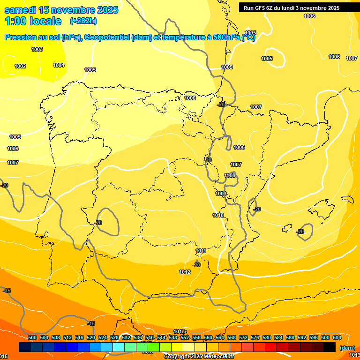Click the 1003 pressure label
click(37, 49)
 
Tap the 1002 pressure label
click(20, 66)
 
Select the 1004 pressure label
click(59, 65)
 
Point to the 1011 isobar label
click(201, 251)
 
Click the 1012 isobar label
click(185, 272)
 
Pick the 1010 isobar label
click(218, 215)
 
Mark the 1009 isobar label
click(221, 194)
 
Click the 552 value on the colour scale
click(185, 337)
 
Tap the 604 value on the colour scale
click(337, 337)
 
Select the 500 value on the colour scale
click(32, 337)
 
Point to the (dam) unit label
click(347, 347)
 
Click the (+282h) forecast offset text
click(83, 21)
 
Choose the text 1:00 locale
click(33, 21)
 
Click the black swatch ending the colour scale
click(330, 347)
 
